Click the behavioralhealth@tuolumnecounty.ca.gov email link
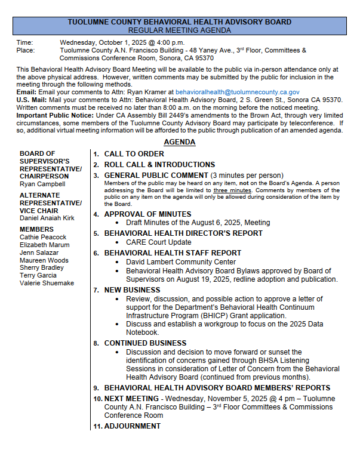[x=238, y=92]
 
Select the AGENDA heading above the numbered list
[x=179, y=142]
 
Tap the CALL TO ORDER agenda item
[x=134, y=154]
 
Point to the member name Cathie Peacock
[x=42, y=237]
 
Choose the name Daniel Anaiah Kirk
[x=47, y=218]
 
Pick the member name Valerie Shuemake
[x=47, y=284]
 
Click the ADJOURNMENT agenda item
[x=132, y=426]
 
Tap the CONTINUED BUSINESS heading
[x=145, y=343]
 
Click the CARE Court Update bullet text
[x=158, y=242]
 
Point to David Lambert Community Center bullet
[x=181, y=262]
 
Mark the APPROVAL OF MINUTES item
[x=147, y=214]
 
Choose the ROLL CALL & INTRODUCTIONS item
[x=159, y=164]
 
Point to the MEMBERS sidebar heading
[x=36, y=229]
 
